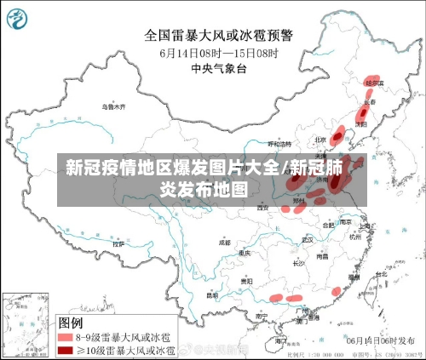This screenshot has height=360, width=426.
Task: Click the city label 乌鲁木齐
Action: (112, 107)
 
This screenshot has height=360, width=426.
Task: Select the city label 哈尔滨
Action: (372, 83)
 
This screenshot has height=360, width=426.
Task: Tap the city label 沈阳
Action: (361, 123)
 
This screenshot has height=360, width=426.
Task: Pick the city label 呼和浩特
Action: (280, 145)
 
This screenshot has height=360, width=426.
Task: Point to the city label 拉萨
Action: (118, 243)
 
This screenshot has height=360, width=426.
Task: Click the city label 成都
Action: (224, 242)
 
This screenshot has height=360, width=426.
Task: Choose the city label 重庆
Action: (245, 253)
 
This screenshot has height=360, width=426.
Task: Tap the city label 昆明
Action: (212, 296)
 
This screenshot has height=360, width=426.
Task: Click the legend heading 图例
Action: (71, 323)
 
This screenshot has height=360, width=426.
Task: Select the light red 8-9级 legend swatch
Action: (66, 337)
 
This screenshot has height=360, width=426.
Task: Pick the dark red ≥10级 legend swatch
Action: (66, 349)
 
